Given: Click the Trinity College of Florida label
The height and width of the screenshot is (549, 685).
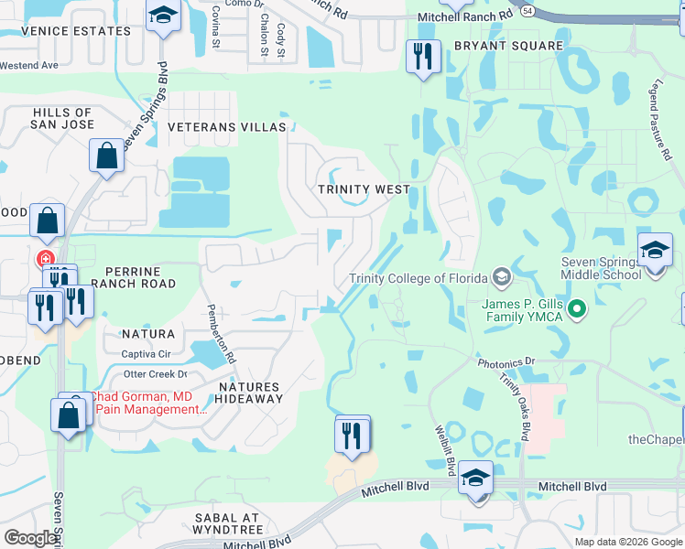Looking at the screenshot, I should (420, 278).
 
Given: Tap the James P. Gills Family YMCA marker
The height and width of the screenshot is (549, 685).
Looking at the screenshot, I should (577, 309).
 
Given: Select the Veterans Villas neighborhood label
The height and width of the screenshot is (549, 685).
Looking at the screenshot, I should (232, 127).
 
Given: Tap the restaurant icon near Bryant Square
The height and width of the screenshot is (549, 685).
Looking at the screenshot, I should (423, 58).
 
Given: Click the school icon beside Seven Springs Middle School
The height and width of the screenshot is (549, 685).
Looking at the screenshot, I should (655, 250).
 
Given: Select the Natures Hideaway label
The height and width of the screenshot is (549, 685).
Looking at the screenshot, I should (248, 393).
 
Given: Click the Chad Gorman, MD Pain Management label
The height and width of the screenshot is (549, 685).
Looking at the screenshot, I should (147, 403).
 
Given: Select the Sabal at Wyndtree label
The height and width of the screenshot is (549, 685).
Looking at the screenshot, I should (227, 523).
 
